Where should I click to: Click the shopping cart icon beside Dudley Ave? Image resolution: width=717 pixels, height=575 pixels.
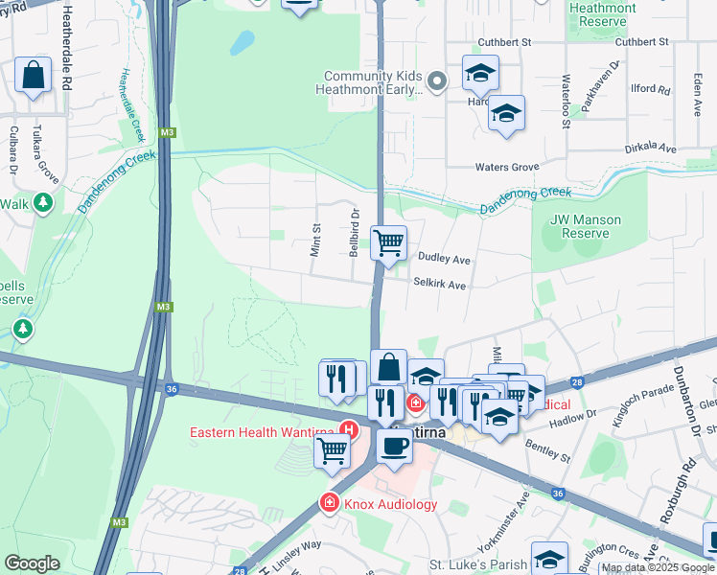point(388,242)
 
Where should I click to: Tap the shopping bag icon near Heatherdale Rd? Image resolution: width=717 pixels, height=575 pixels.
point(34,77)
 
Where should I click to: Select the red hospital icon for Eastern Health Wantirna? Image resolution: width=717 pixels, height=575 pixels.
point(351,430)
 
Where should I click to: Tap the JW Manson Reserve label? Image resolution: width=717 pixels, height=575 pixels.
point(586,226)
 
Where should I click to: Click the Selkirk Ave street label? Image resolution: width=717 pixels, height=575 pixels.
point(439,285)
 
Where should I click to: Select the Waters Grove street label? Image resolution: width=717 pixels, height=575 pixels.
point(507,167)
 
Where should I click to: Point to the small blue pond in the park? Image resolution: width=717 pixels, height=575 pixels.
point(242,43)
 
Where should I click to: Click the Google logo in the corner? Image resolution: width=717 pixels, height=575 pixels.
point(32,563)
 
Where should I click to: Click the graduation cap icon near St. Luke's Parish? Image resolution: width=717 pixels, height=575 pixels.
point(549,560)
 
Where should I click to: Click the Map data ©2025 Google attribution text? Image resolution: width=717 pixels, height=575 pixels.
point(658,567)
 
